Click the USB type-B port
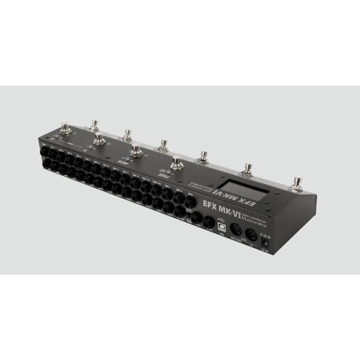click(222, 227)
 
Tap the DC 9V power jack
click(265, 242)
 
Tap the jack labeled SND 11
click(116, 176)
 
